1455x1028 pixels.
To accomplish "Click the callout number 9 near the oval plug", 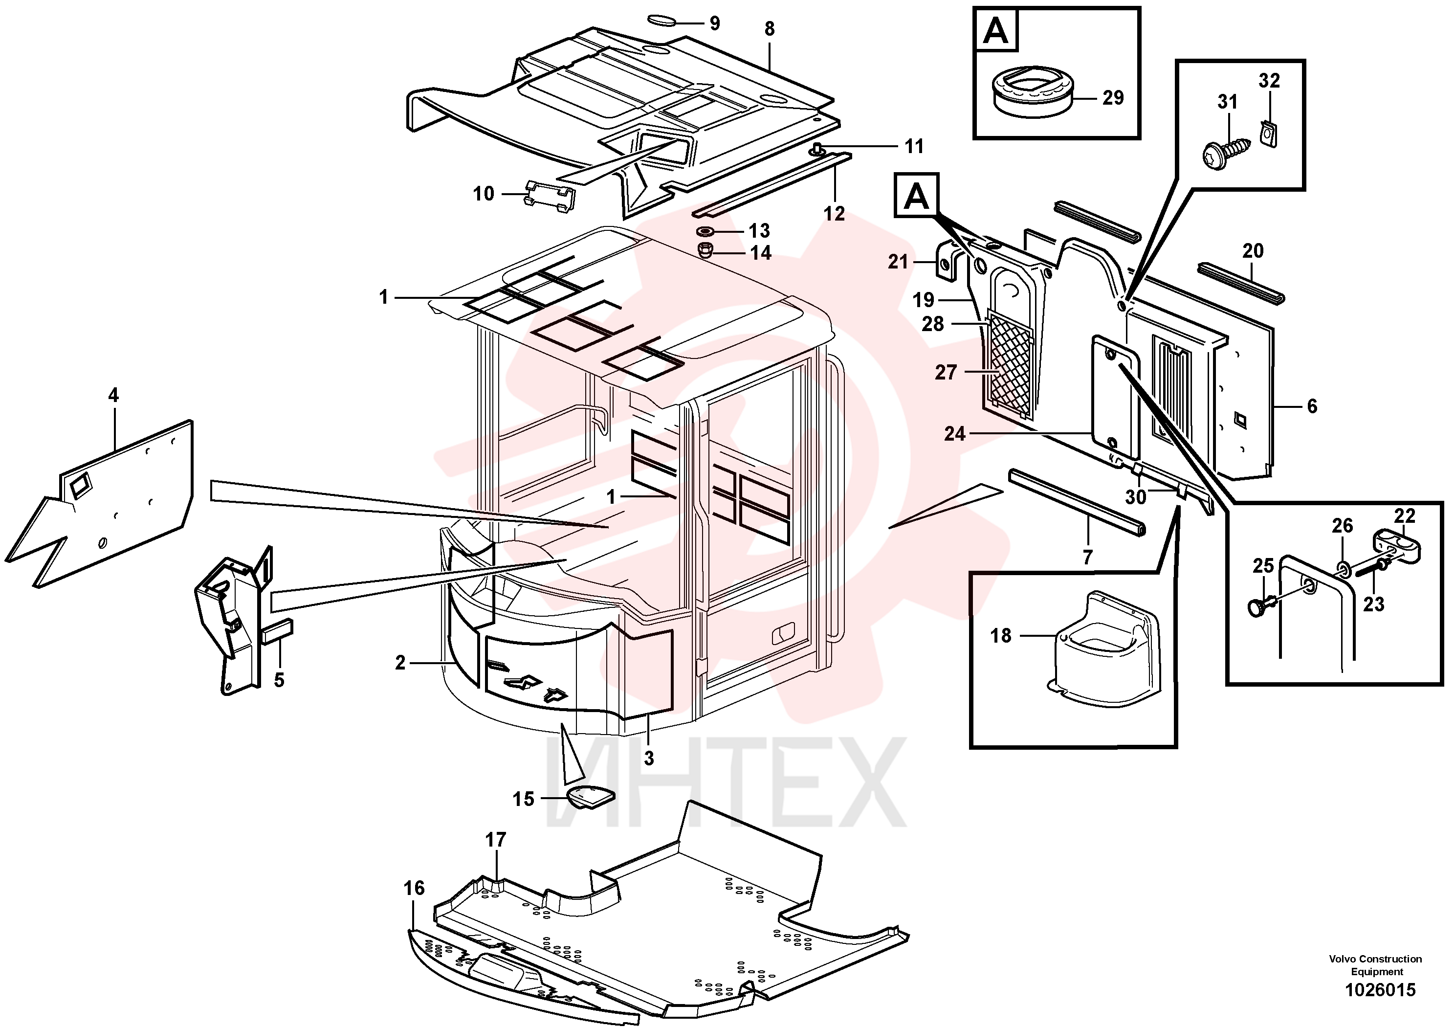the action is [x=714, y=23].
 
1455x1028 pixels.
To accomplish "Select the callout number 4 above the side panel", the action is [x=113, y=396].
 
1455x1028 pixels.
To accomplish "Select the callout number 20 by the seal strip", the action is [x=1253, y=251].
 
